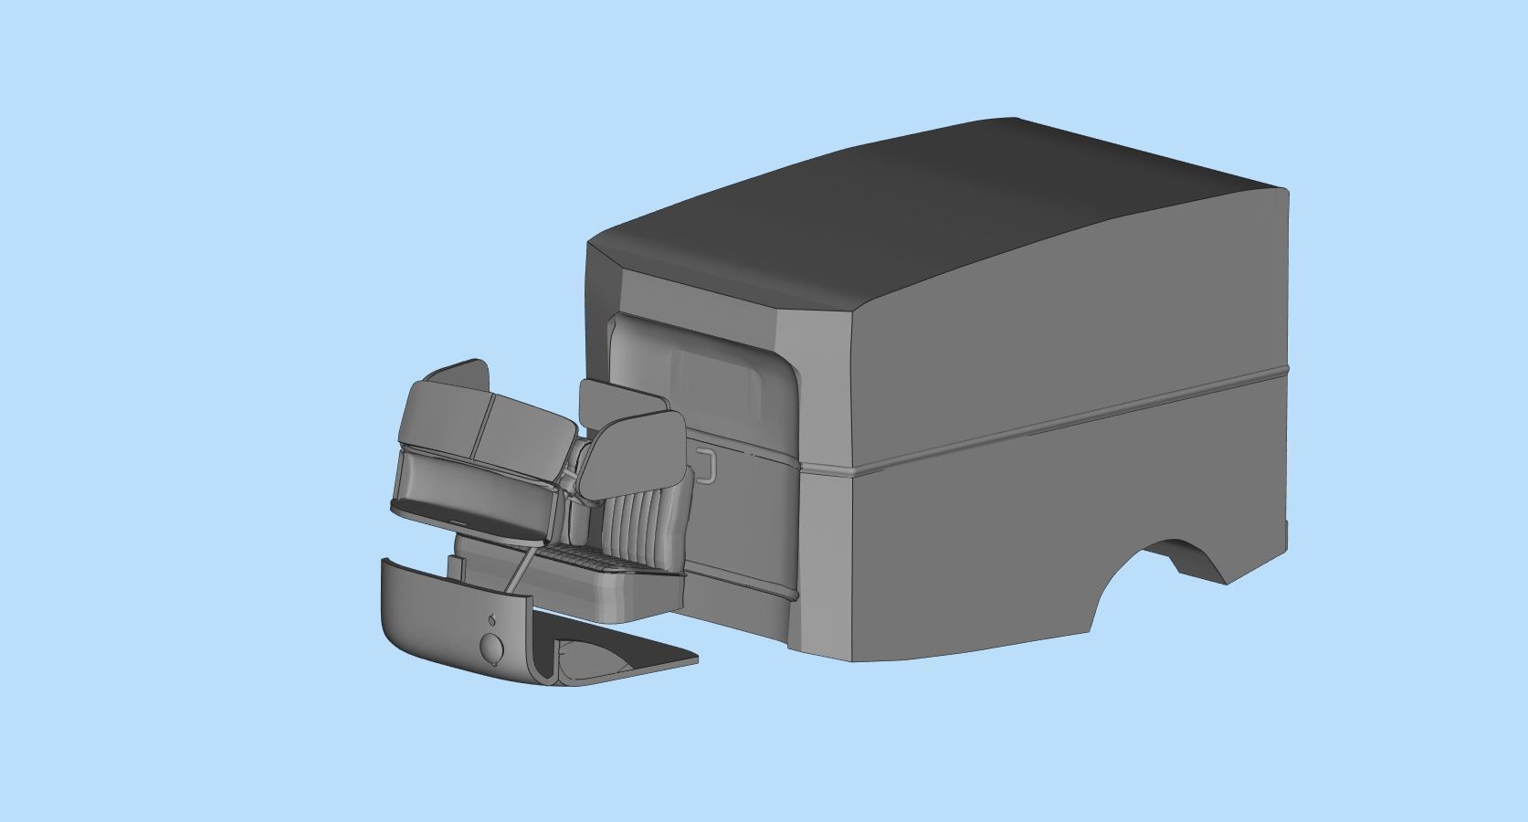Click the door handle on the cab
(705, 463)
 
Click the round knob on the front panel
(491, 647)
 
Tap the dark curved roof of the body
(913, 210)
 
